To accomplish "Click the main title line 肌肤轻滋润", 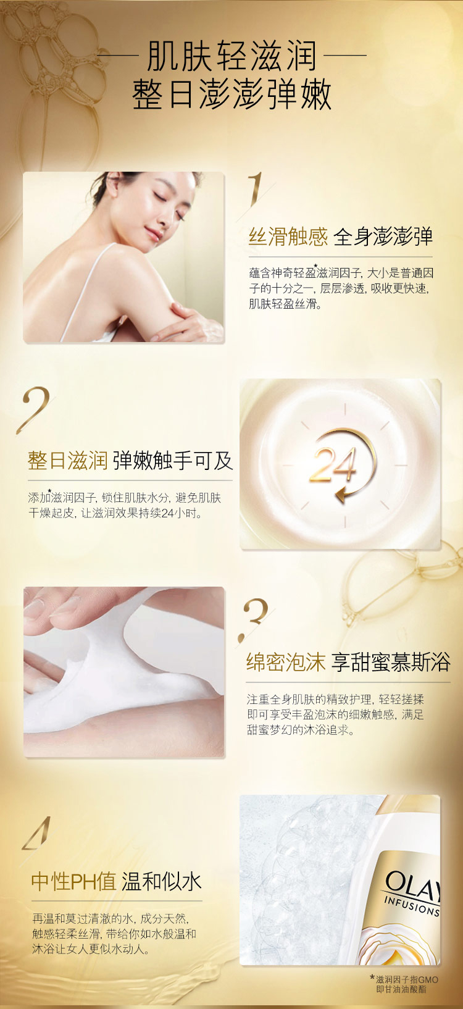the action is (x=231, y=56).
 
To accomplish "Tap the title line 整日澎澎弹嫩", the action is (x=232, y=95).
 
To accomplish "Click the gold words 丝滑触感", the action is (x=288, y=237).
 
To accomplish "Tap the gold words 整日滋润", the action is (x=67, y=461).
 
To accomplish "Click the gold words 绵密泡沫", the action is (x=286, y=663).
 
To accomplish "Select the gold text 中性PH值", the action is (x=74, y=882).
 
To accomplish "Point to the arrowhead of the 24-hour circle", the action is (x=342, y=495).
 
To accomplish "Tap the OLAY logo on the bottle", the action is (x=412, y=882).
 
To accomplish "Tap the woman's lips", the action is (x=153, y=234).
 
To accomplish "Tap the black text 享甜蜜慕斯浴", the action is (x=391, y=663).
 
